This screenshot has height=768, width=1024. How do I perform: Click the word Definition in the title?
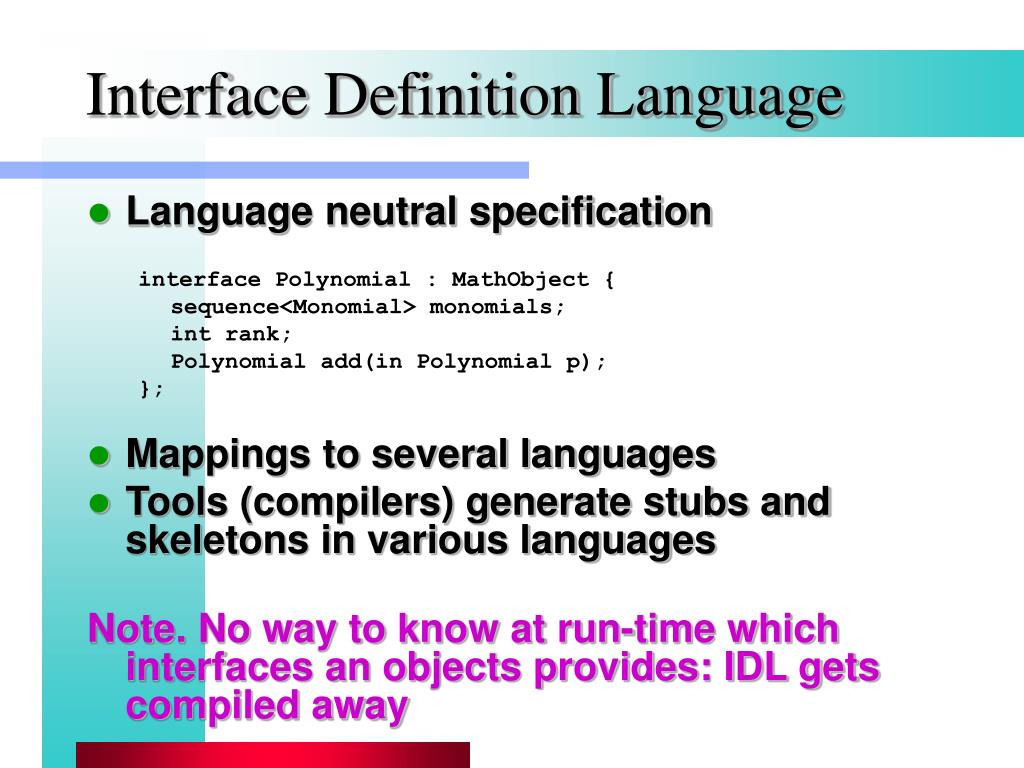(x=452, y=96)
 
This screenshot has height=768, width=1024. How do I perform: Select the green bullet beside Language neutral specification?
(x=99, y=214)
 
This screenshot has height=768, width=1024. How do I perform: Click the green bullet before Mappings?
(x=99, y=456)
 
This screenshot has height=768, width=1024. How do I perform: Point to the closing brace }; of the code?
(x=151, y=389)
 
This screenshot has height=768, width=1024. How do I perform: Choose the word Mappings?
(x=217, y=455)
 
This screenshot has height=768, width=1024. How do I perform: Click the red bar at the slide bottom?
(x=273, y=755)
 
